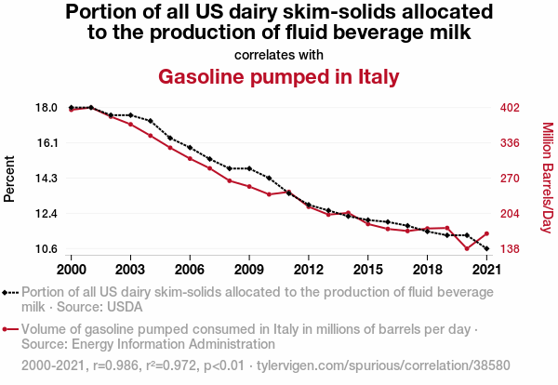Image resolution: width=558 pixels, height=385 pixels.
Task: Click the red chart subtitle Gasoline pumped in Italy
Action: coord(279,75)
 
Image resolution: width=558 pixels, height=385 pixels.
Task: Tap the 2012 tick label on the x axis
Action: coord(308,269)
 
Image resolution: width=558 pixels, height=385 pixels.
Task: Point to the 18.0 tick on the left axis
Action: coord(46,108)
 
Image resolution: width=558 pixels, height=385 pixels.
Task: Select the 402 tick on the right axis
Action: coord(509,108)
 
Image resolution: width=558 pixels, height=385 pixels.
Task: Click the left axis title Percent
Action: coord(10,179)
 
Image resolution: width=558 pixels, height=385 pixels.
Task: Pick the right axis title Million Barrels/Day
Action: coord(547,178)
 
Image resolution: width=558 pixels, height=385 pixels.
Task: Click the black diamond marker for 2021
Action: coord(486,248)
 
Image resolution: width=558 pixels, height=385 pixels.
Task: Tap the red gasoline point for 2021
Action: coord(486,233)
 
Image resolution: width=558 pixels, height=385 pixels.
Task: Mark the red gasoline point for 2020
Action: coord(467,248)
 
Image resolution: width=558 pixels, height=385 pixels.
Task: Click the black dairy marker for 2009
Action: coord(249,168)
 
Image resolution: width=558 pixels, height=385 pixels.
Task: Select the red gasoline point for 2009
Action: coord(249,186)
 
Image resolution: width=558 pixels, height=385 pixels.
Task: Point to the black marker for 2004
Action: coord(150,121)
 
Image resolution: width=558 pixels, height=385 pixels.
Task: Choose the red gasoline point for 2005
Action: coord(170,148)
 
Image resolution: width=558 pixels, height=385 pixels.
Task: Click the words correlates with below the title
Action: coord(279,54)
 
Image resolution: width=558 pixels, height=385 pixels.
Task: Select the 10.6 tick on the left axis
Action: coord(46,248)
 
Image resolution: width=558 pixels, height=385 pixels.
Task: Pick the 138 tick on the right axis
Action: coord(509,248)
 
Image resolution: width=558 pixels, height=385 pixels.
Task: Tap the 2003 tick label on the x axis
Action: coord(130,269)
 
